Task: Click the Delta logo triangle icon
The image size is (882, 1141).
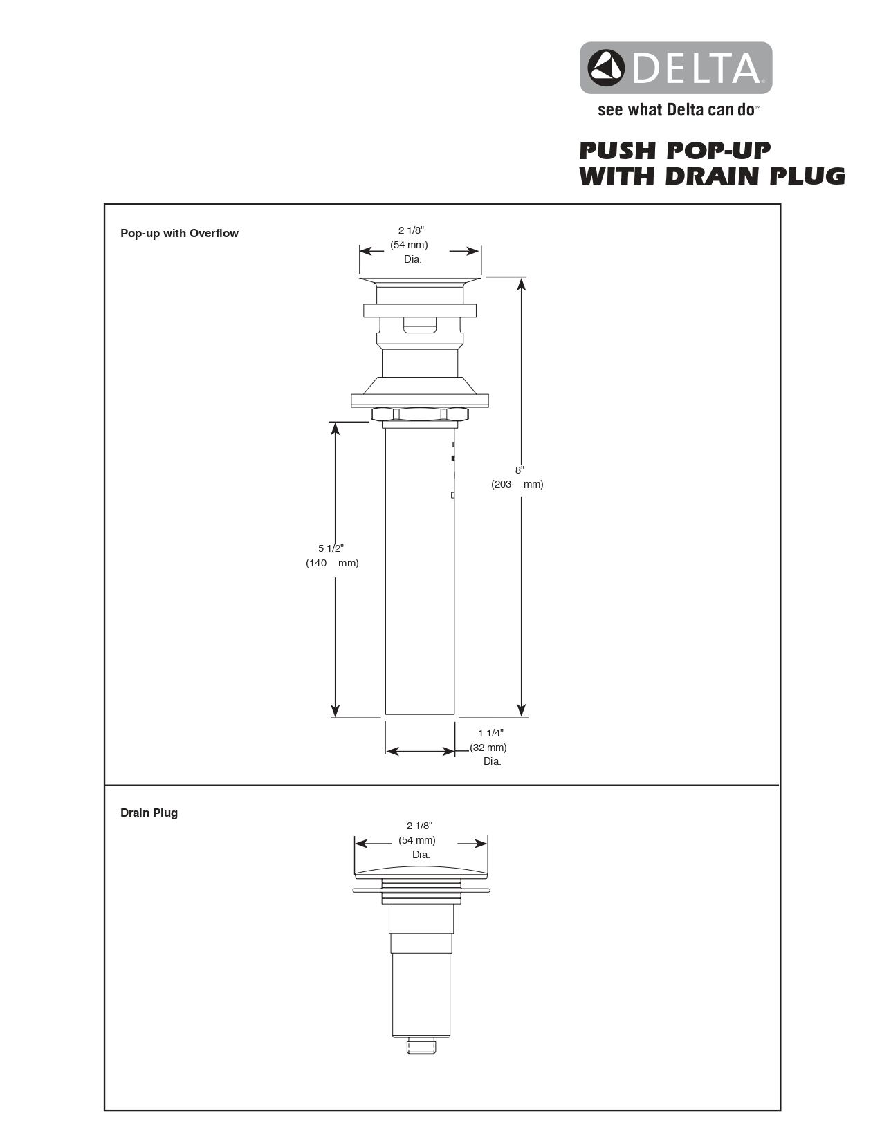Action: pos(606,67)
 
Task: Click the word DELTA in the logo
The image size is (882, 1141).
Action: pos(695,68)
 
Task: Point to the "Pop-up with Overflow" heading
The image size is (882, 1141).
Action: pos(179,234)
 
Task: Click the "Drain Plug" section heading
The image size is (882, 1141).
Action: pos(149,813)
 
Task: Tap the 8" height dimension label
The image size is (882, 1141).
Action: pos(520,470)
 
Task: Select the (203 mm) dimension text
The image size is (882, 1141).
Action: pos(517,484)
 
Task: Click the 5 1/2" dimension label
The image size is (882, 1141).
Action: pos(331,548)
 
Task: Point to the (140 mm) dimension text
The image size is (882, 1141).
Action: pos(332,563)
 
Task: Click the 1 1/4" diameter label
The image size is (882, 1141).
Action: pos(490,733)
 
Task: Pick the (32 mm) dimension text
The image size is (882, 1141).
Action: pos(488,748)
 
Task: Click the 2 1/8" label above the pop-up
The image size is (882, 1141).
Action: pos(410,230)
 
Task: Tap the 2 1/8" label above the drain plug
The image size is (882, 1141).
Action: pos(419,826)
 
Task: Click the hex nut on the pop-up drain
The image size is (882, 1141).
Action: pos(420,414)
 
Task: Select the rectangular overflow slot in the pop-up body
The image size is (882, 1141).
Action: pos(420,325)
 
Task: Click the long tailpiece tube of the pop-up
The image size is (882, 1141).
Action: pos(419,574)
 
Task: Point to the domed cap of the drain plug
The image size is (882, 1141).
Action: pos(421,871)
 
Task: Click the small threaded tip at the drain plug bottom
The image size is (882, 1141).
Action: pos(421,1046)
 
